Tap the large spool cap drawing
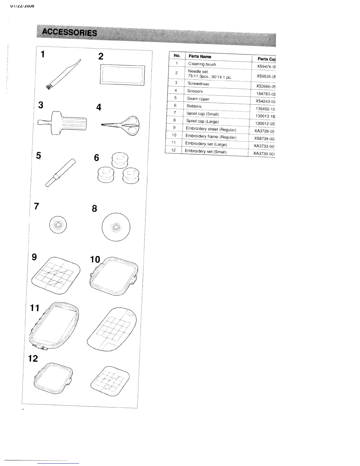(x=116, y=227)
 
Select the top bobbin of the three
(x=119, y=159)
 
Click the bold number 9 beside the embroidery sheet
(x=34, y=257)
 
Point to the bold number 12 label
(x=33, y=359)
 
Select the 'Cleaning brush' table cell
(x=202, y=64)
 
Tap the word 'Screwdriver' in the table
(x=198, y=84)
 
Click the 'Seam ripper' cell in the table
(x=198, y=99)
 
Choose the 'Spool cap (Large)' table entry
(x=202, y=121)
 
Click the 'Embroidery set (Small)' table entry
(x=206, y=152)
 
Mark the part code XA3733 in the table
(x=264, y=146)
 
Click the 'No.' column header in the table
(x=177, y=55)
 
